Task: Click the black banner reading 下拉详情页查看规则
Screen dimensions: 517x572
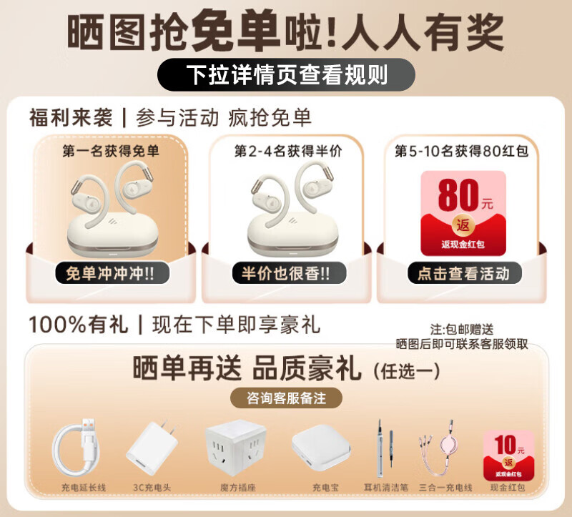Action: tap(286, 74)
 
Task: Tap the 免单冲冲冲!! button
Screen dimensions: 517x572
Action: tap(111, 273)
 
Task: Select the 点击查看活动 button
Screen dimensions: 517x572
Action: tap(463, 272)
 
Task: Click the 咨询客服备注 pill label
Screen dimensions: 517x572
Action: tap(285, 397)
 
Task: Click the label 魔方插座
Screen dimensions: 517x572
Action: tap(235, 488)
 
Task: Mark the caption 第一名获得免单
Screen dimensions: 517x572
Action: tap(111, 152)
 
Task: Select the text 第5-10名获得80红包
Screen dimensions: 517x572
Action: tap(463, 152)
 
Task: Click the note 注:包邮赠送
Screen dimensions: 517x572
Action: tap(462, 330)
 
